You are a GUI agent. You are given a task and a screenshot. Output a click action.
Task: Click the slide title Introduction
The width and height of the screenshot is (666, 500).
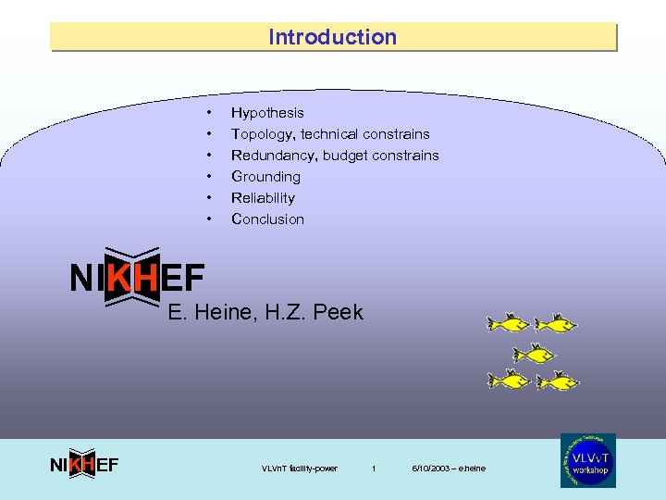pos(332,37)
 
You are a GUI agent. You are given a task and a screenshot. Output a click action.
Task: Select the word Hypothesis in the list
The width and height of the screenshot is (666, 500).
pos(267,113)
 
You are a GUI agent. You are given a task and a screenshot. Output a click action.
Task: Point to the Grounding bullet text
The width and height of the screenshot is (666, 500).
pos(265,177)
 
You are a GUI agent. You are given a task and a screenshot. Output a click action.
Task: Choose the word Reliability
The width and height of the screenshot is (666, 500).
pos(263,198)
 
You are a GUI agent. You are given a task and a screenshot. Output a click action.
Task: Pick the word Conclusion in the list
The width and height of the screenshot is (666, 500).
pos(267,219)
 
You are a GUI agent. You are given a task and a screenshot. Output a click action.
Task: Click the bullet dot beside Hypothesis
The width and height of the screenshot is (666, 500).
pos(210,113)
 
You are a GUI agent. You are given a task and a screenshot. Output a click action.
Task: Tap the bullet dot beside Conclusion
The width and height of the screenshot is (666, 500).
pos(210,219)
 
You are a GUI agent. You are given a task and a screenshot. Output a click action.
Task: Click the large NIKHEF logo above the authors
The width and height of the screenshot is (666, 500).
pos(137,277)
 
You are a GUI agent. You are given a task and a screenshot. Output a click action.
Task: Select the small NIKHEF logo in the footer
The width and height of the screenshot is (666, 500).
pos(83,465)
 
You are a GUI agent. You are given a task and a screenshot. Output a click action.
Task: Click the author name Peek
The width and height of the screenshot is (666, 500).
pos(338,312)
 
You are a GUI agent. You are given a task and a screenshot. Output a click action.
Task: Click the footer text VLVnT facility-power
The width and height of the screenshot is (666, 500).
pos(300,469)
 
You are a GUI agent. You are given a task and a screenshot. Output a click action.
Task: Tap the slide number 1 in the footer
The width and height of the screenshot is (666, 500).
pos(374,469)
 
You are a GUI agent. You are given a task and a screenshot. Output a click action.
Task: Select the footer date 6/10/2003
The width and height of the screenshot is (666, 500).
pos(431,469)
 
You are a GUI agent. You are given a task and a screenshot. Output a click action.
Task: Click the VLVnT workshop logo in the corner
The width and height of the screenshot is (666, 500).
pos(587,460)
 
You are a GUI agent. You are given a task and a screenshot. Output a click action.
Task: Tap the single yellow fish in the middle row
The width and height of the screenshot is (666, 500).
pos(533,353)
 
